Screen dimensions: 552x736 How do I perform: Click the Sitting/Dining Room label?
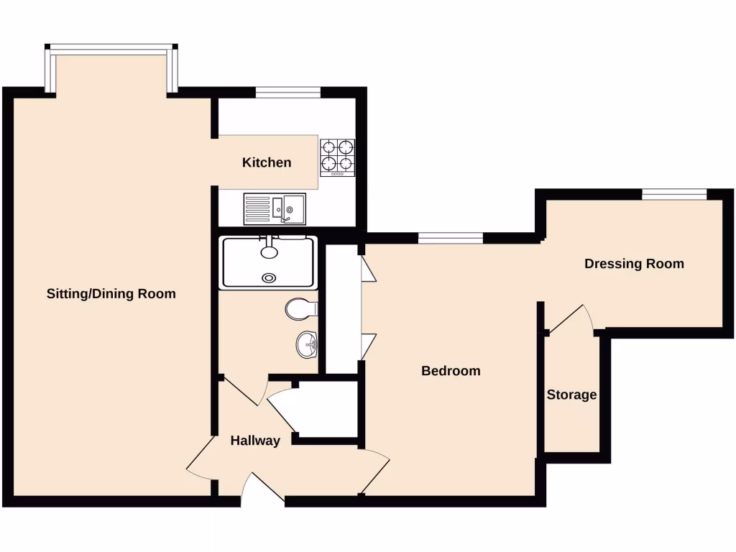111,294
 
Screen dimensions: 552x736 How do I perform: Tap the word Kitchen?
267,162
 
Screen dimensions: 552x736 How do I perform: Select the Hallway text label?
255,441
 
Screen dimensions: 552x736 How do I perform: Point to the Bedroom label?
451,371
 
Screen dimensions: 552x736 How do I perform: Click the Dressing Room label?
634,264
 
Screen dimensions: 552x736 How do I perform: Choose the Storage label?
571,395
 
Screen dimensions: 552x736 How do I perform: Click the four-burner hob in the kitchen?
337,157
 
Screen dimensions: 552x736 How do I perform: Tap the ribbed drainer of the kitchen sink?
257,208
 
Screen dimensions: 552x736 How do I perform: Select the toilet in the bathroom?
300,310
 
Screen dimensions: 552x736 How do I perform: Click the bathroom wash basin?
307,344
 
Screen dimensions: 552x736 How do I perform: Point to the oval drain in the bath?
270,277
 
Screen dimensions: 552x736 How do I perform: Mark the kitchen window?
287,91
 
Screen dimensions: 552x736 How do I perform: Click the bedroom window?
451,238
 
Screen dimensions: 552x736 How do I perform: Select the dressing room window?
674,193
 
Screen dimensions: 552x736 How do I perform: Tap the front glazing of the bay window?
111,49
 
